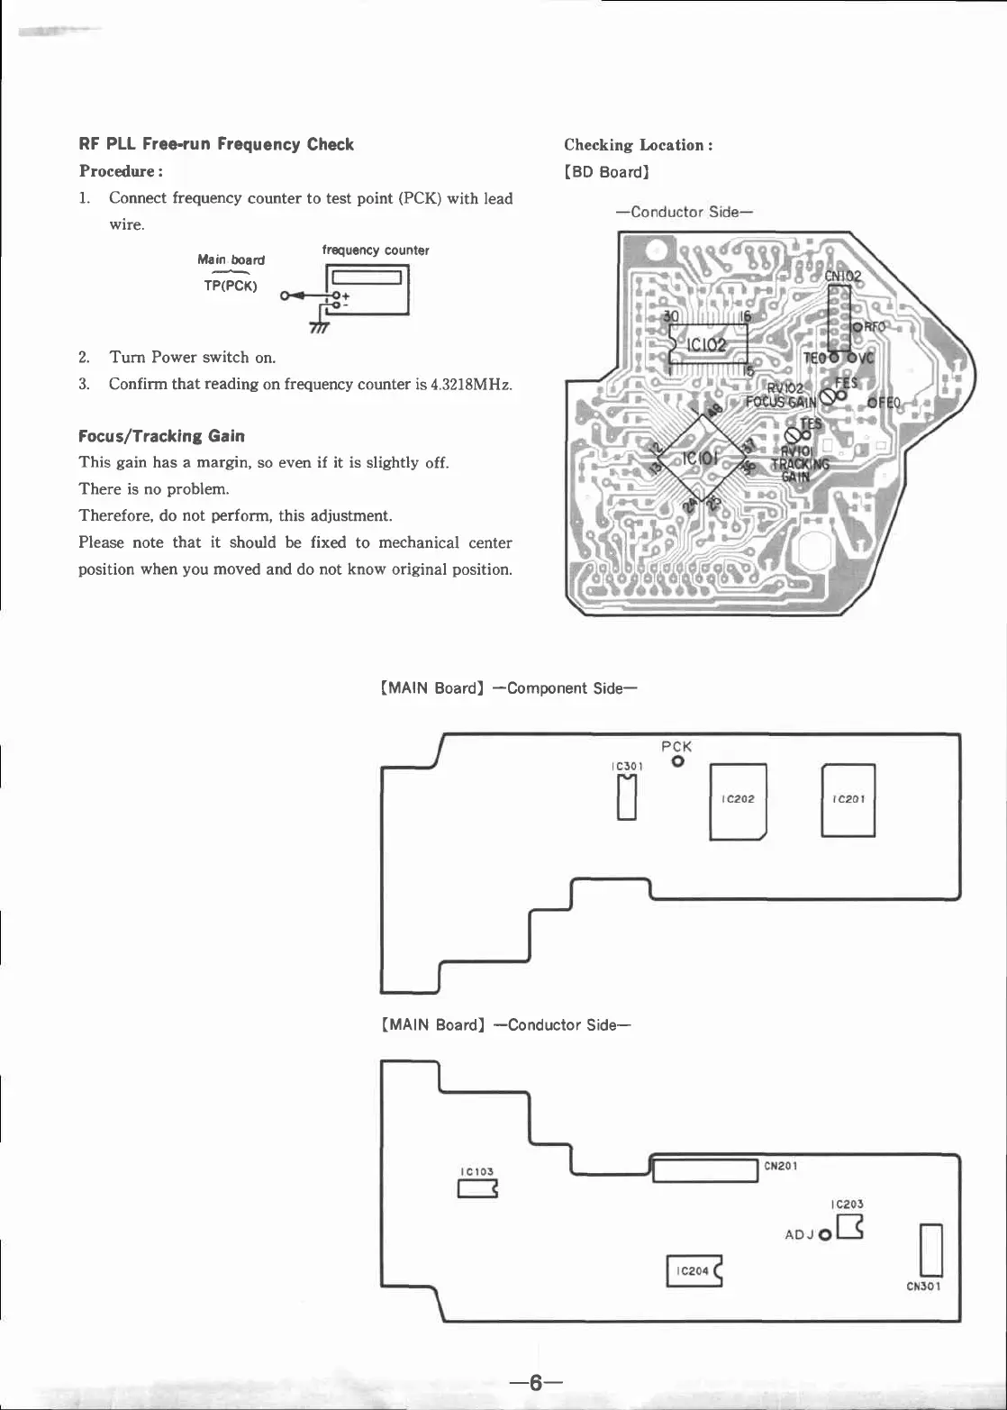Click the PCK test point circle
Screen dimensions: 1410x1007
click(677, 762)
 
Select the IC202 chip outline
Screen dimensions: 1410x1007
click(738, 801)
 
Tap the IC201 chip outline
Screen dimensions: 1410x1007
click(848, 800)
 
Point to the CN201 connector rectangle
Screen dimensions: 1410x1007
click(705, 1171)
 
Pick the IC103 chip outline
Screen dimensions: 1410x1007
click(477, 1190)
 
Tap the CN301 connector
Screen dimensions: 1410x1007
click(930, 1250)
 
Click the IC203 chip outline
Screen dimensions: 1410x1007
click(849, 1227)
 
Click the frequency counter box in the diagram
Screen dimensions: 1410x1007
click(368, 289)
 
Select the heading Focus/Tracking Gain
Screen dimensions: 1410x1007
click(162, 436)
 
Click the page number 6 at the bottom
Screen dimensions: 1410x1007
click(535, 1383)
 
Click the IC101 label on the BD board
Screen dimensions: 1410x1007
click(700, 459)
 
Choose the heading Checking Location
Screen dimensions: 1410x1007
click(639, 145)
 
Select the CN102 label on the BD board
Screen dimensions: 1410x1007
click(842, 277)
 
